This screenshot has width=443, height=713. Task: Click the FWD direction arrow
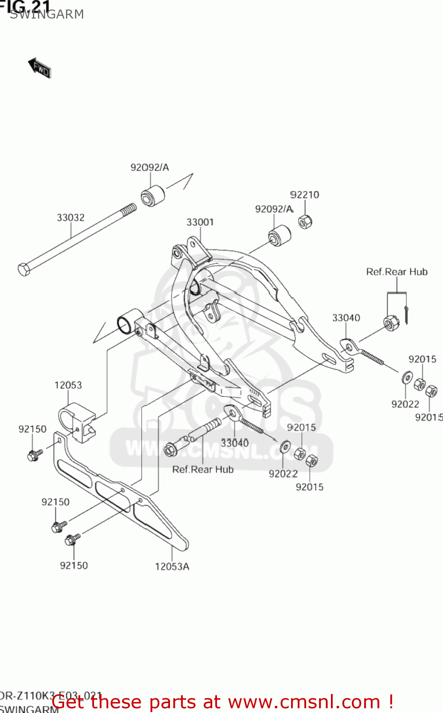[x=39, y=68]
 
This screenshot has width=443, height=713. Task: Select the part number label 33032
[x=71, y=218]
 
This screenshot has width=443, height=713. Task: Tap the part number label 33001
[x=200, y=222]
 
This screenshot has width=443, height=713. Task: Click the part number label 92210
[x=304, y=195]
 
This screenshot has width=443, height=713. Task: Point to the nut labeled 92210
[x=305, y=222]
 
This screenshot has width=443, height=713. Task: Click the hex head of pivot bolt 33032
[x=24, y=269]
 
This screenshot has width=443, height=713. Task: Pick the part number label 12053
[x=68, y=385]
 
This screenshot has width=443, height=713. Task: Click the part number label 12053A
[x=172, y=567]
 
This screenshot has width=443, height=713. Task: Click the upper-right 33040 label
[x=346, y=318]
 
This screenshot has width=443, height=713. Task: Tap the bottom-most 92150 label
[x=74, y=566]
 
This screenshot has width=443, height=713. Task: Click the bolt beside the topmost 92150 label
[x=34, y=455]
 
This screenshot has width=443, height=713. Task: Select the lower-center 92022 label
[x=283, y=474]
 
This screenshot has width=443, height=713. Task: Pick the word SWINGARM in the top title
[x=47, y=14]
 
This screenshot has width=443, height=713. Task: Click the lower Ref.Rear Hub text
[x=203, y=470]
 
